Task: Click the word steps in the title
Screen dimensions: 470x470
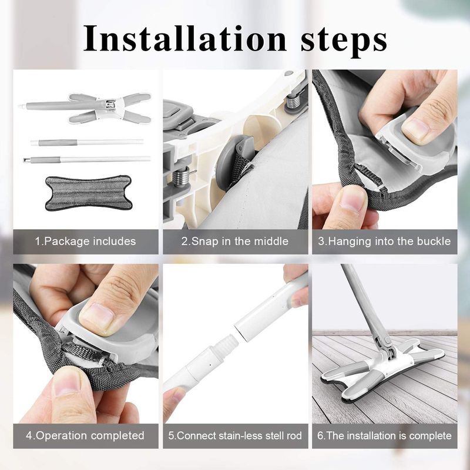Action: coord(337,39)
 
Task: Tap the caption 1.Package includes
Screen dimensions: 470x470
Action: coord(85,241)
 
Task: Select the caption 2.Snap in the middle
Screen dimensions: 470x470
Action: coord(235,241)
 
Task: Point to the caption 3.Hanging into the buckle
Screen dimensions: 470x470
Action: coord(384,241)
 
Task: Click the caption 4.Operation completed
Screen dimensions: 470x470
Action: coord(85,435)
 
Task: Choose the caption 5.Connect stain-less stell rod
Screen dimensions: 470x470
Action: coord(235,435)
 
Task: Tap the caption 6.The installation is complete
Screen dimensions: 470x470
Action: coord(384,435)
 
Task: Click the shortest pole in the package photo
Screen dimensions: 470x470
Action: coord(87,142)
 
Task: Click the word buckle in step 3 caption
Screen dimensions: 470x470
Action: coord(431,241)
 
